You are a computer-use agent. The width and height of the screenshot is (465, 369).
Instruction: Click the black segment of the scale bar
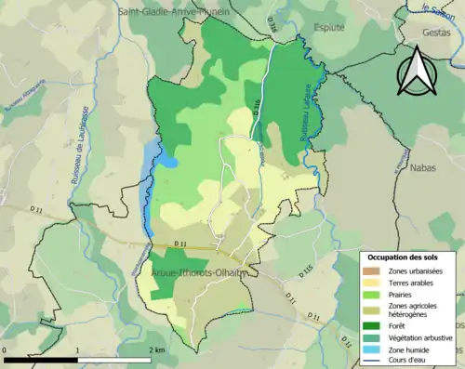tap(40, 359)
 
